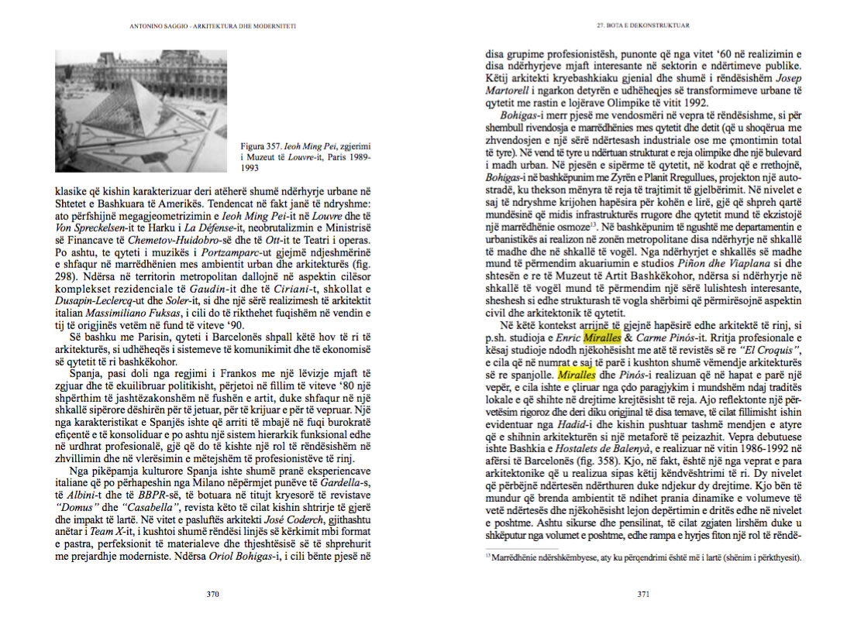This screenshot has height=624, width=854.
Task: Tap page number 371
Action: tap(642, 595)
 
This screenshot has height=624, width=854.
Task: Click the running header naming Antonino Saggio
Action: tap(213, 26)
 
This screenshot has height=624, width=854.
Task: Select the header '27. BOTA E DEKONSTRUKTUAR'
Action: tap(642, 26)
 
